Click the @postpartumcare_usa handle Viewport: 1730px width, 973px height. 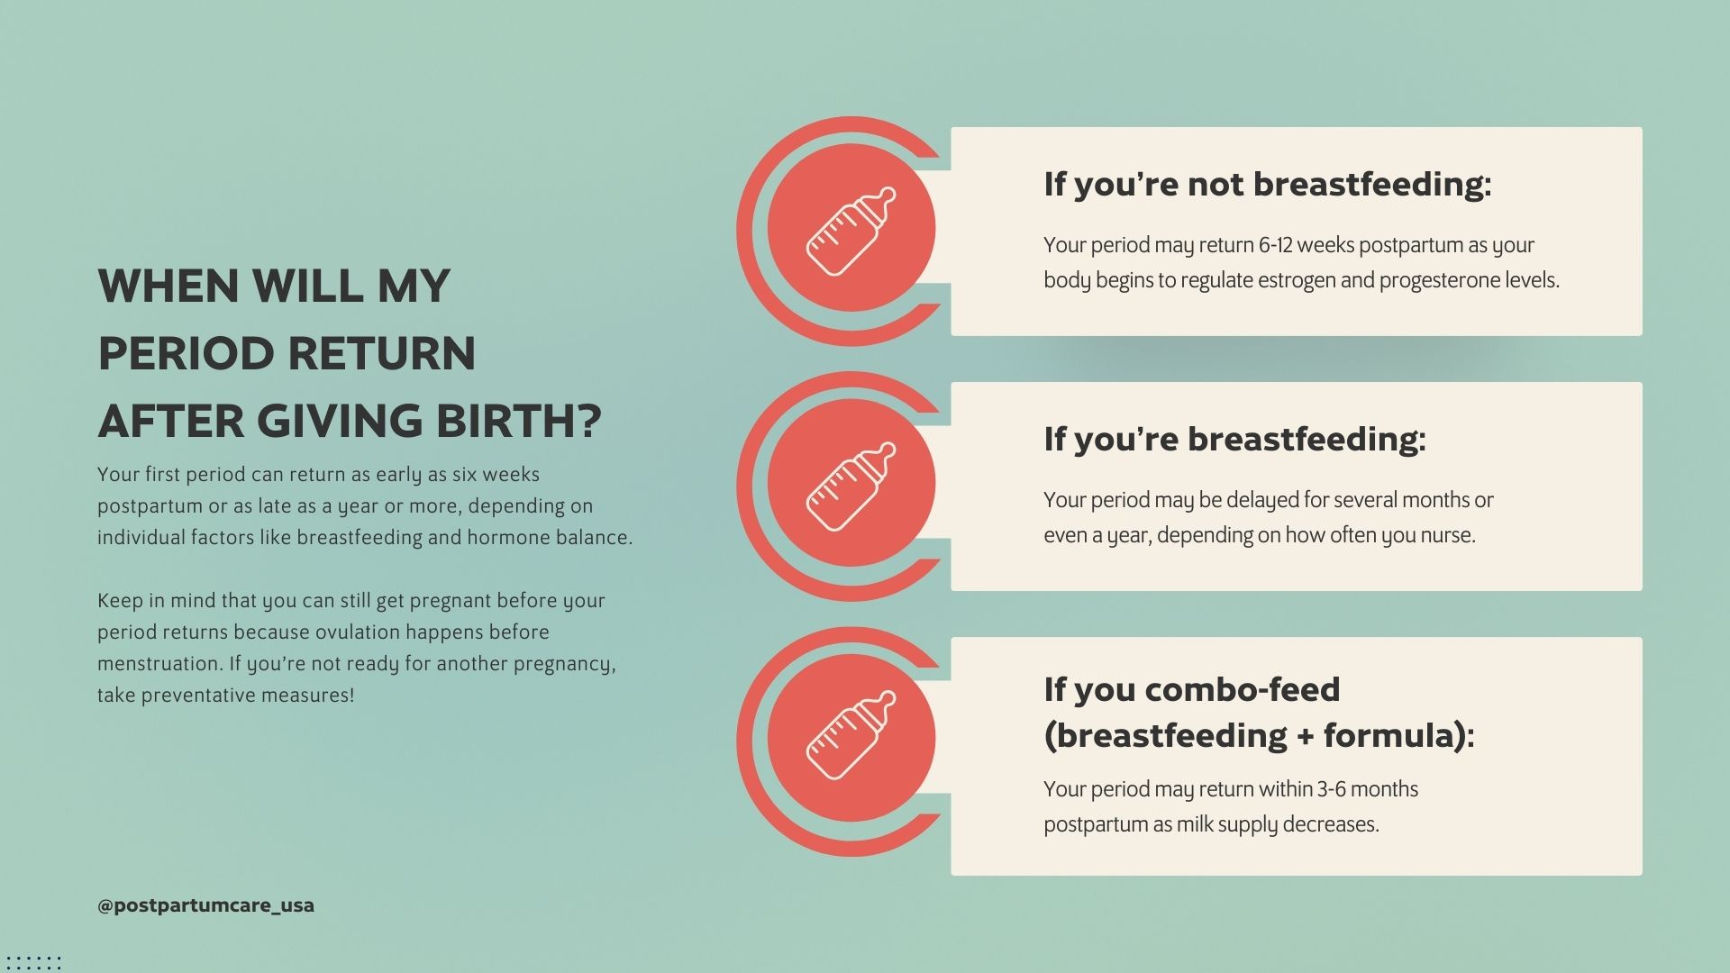point(205,905)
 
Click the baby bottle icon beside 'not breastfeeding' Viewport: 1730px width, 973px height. point(851,231)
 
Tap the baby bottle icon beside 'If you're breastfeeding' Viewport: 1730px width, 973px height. point(851,486)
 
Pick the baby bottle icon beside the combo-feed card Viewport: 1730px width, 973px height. point(851,735)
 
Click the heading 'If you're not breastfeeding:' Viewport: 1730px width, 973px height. point(1267,184)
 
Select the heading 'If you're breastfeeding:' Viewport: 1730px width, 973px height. point(1234,439)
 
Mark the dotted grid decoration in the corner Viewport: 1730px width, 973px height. point(33,962)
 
